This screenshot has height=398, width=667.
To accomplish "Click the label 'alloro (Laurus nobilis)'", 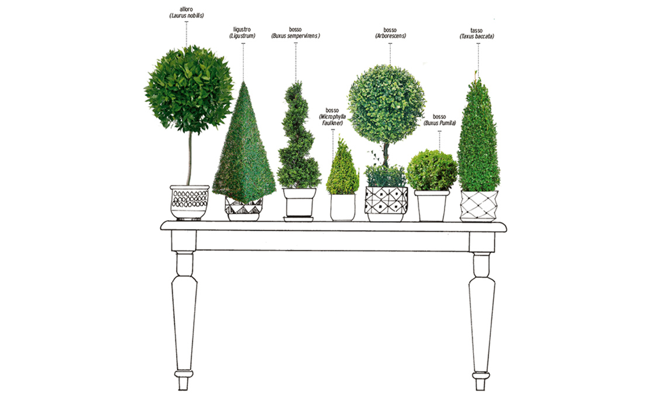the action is click(186, 12).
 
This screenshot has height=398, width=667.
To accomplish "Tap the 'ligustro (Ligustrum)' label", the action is click(242, 33).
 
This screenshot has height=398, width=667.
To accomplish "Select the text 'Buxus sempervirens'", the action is click(295, 36).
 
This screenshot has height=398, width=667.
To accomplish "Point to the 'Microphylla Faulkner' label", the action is click(333, 120).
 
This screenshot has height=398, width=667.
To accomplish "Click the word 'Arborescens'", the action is click(390, 36).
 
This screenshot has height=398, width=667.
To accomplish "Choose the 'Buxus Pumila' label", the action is click(440, 123).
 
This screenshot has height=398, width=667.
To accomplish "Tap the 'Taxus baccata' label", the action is click(476, 37).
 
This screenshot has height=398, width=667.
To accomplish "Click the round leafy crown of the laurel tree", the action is click(189, 90).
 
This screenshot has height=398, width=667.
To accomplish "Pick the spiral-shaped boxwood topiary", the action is click(298, 135).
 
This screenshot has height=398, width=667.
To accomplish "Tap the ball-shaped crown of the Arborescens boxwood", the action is click(386, 104).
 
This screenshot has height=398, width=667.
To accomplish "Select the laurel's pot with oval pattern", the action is click(190, 203).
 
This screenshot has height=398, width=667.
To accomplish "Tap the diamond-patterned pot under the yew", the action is click(479, 207).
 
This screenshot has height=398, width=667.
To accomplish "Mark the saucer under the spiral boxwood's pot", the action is click(298, 219).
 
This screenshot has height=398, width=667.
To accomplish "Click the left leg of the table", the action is click(184, 311).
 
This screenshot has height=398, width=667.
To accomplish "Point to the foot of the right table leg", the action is click(481, 382).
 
